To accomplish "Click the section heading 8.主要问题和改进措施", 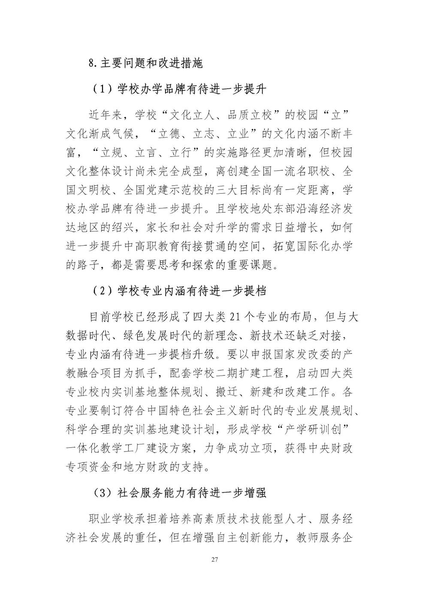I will click(145, 63).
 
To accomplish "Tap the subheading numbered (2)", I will click(179, 291).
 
